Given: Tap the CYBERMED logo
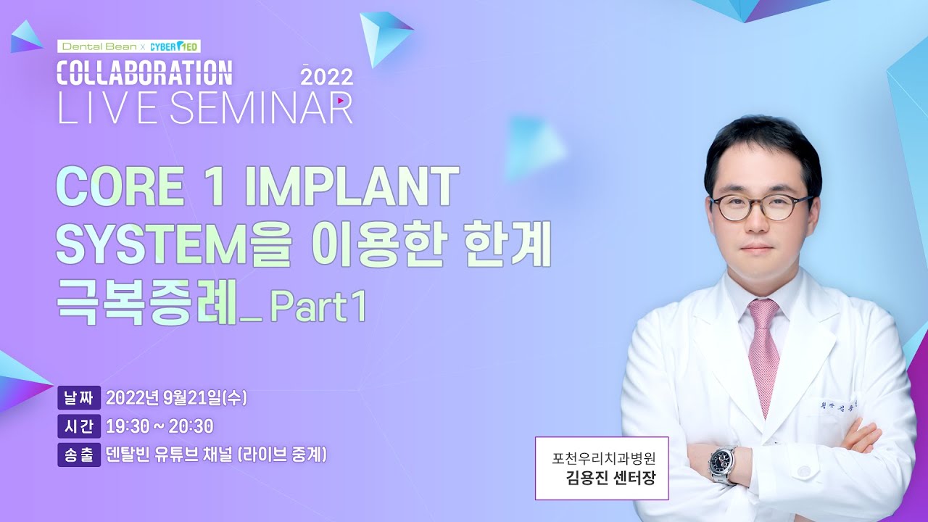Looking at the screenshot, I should [x=175, y=46].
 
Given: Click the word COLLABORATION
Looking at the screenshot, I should [x=145, y=73].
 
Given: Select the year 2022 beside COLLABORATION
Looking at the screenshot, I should [x=327, y=76].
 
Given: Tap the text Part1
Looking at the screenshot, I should [x=318, y=309].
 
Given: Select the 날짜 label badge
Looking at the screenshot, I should [x=79, y=398].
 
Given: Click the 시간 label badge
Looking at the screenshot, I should [x=79, y=426].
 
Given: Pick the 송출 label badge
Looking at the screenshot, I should [x=79, y=455].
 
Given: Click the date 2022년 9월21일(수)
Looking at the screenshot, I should [x=177, y=398].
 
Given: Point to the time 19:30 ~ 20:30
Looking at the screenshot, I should [x=159, y=426].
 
